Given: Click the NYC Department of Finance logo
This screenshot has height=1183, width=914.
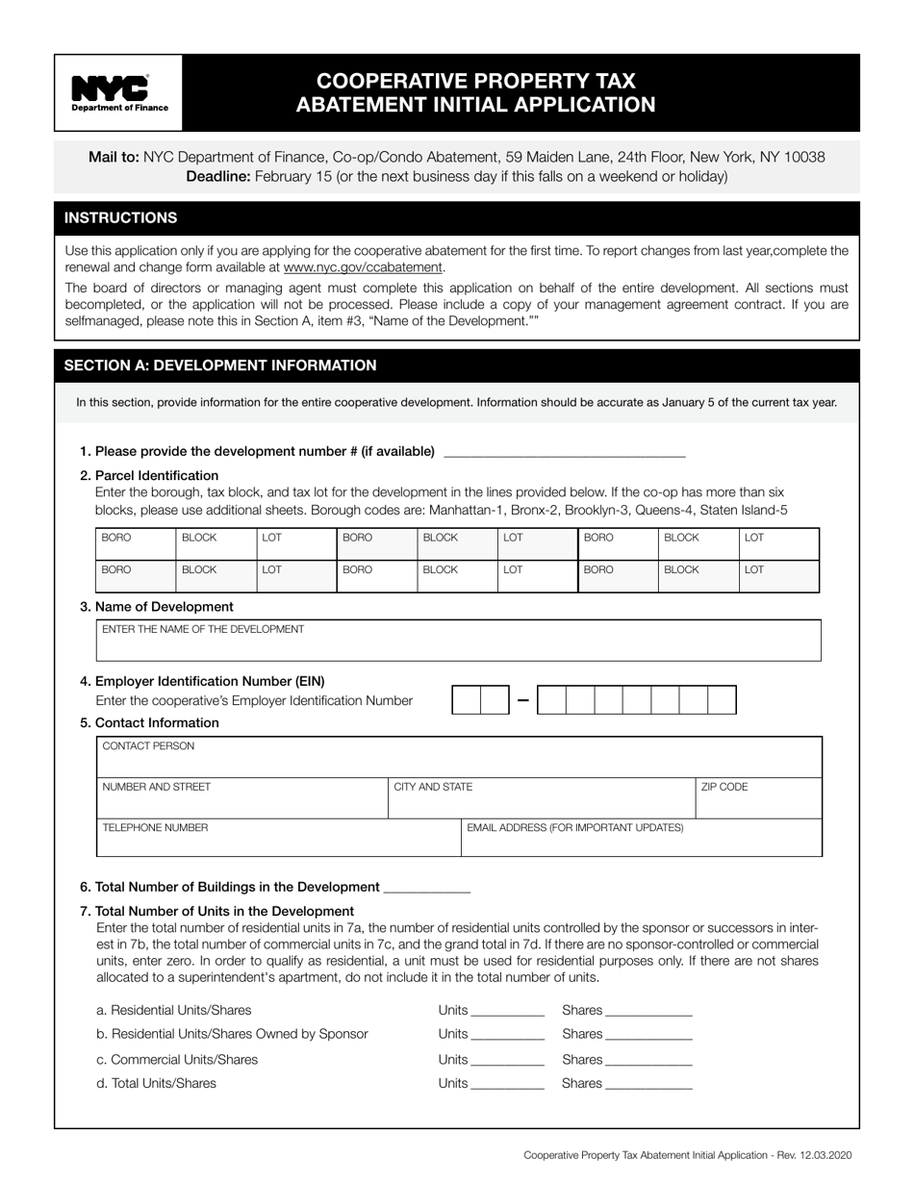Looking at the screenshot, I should click(x=119, y=92).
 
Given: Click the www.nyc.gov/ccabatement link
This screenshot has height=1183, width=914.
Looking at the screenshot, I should click(x=363, y=267).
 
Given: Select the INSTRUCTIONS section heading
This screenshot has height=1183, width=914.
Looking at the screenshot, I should click(x=120, y=217).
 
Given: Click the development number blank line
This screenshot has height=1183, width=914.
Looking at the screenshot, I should click(x=564, y=450).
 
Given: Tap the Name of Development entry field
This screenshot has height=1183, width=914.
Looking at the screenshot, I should click(x=459, y=642).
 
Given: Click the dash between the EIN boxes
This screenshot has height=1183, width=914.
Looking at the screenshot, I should click(x=522, y=700).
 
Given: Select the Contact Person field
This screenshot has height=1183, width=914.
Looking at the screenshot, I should click(x=459, y=757).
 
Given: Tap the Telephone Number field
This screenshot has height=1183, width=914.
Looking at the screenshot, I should click(x=278, y=838).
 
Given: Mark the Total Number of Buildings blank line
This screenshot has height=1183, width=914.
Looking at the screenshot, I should click(x=426, y=888).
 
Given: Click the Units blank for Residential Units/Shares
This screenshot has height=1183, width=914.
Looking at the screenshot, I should click(x=508, y=1011).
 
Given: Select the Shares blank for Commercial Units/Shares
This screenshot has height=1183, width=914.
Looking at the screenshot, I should click(x=648, y=1060).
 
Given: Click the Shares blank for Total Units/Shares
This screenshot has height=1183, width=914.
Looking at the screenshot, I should click(x=648, y=1084).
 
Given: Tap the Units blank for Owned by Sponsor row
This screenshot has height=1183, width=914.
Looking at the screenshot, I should click(x=508, y=1035).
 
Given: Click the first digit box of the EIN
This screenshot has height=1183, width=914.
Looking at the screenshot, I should click(x=466, y=700).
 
